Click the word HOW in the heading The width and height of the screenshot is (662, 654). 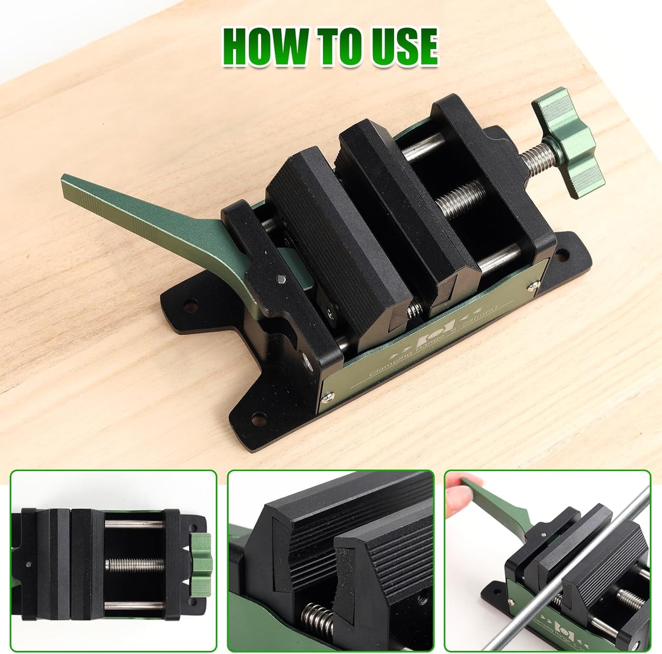pos(265,48)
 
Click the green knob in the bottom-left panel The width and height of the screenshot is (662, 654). pos(201,565)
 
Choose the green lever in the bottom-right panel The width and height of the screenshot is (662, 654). pos(499,504)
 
